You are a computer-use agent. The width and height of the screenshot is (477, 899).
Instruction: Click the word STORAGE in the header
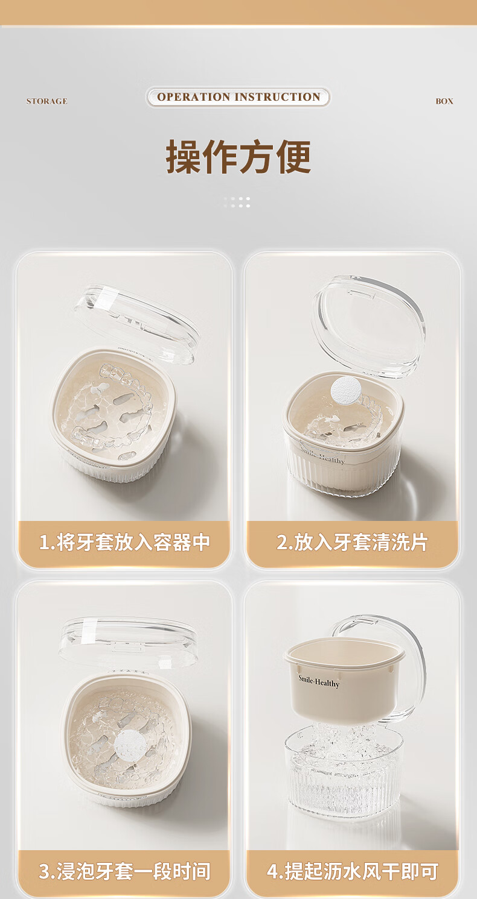coord(46,101)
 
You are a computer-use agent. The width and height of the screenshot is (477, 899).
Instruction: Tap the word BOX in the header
coord(444,101)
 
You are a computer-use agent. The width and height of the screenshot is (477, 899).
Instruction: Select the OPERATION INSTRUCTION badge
coord(238,97)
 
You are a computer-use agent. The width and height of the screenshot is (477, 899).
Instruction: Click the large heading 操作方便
coord(238,157)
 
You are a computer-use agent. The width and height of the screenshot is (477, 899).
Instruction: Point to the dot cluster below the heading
coord(237,202)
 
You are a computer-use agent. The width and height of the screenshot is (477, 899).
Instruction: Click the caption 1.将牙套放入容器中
coord(124,542)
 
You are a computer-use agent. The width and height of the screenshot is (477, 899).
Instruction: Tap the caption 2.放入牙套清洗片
coord(352,542)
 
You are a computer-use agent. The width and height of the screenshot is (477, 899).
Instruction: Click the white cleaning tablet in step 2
coord(345,388)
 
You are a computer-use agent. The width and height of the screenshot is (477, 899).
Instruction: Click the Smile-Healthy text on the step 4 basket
coord(319,681)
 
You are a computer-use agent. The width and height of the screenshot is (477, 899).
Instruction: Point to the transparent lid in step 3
coord(128,642)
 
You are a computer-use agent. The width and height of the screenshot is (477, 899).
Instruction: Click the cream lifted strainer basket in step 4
coord(344,678)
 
